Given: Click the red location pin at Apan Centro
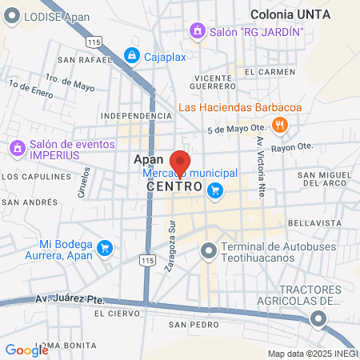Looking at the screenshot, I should pos(180,162).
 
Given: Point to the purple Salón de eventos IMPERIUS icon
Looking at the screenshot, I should pos(16,148).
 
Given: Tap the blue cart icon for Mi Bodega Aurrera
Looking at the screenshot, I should pos(103,249).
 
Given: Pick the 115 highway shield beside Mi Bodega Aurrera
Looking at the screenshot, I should pos(146,261).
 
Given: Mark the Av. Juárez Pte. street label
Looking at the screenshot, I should pos(70,299).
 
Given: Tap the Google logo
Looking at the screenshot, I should pos(26,350).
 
